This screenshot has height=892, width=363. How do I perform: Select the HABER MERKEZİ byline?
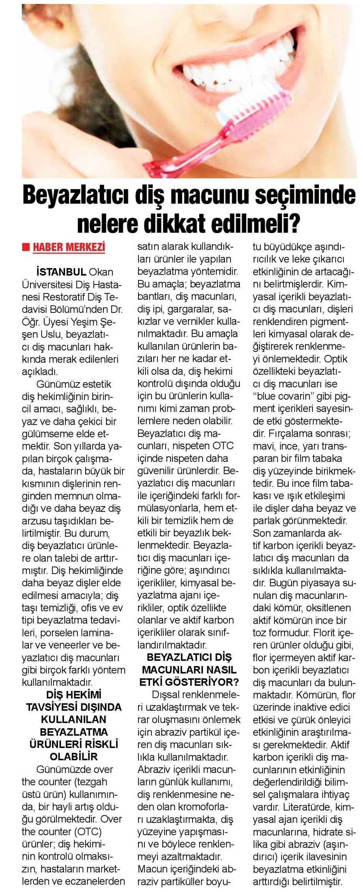[x=69, y=247]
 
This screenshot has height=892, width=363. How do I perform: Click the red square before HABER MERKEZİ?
[x=26, y=248]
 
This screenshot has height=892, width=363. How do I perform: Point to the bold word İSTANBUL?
[x=61, y=272]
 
